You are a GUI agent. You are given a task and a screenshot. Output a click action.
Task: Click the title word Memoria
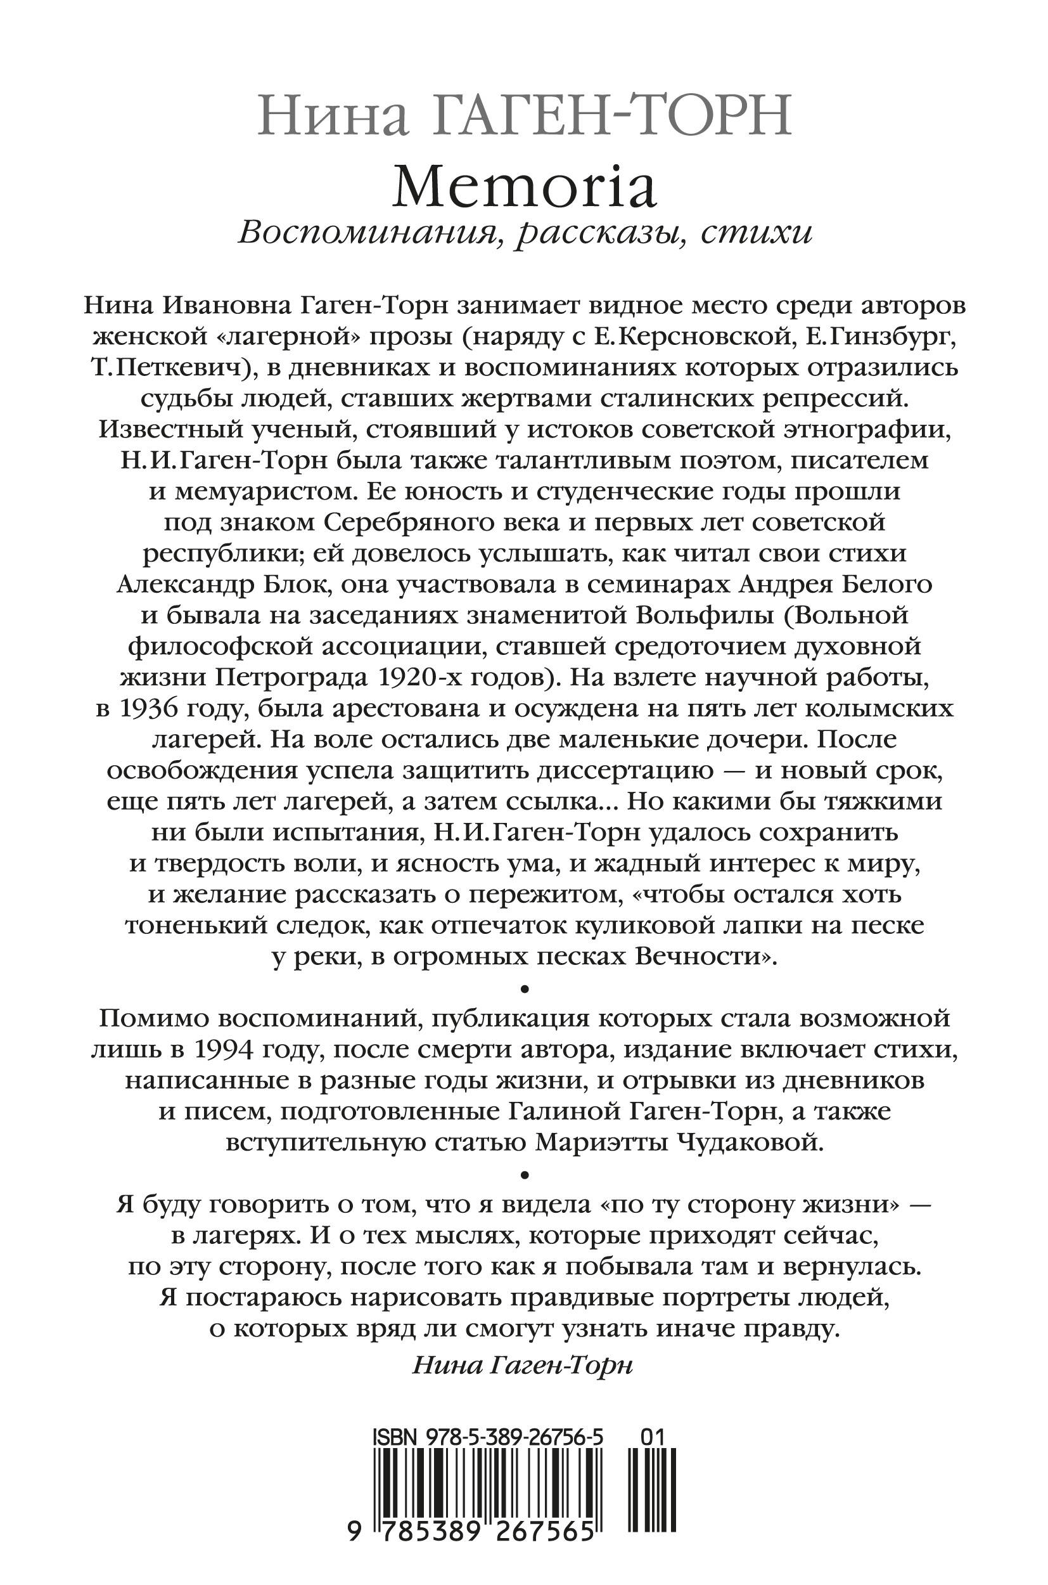pos(524,188)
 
